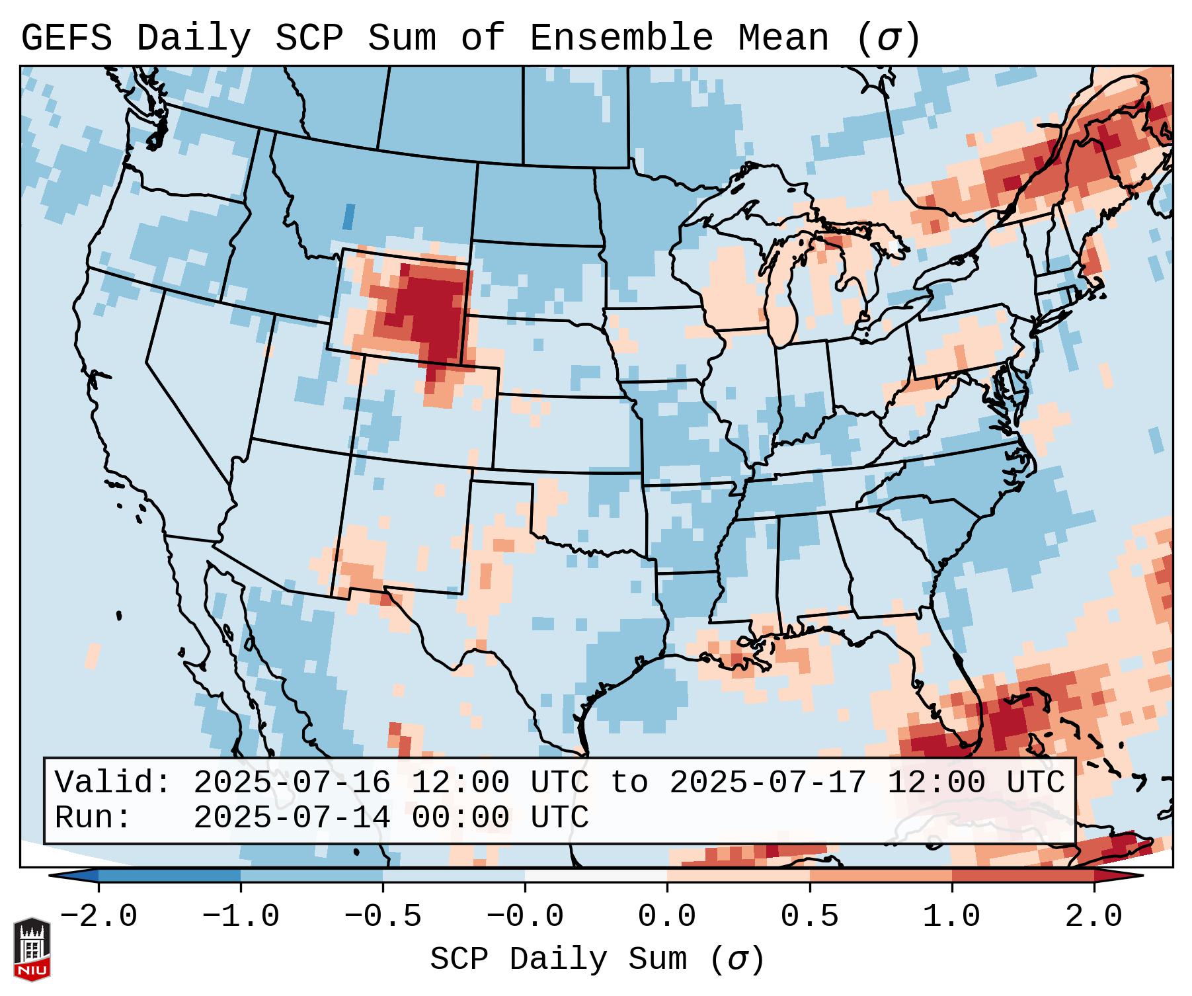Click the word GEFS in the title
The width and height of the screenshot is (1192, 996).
pyautogui.click(x=66, y=38)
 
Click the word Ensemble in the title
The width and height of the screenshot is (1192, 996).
pyautogui.click(x=621, y=38)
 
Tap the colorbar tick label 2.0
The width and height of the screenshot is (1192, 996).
pyautogui.click(x=1093, y=917)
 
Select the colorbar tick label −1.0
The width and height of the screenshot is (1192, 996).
pyautogui.click(x=240, y=917)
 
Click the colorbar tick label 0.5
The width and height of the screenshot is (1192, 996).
pyautogui.click(x=809, y=917)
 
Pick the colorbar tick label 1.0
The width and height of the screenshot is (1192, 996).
pyautogui.click(x=951, y=917)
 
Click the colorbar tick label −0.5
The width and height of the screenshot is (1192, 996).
pyautogui.click(x=382, y=917)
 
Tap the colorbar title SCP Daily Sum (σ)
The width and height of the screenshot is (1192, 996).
pyautogui.click(x=597, y=959)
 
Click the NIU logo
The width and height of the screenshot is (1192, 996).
pyautogui.click(x=32, y=948)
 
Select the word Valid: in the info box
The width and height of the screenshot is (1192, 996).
pyautogui.click(x=113, y=782)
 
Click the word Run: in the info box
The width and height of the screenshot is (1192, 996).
pyautogui.click(x=93, y=817)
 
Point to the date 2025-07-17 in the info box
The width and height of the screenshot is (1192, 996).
pyautogui.click(x=768, y=782)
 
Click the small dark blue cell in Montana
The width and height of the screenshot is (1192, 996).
pyautogui.click(x=348, y=216)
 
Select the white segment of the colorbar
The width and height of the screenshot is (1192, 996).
pyautogui.click(x=596, y=876)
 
